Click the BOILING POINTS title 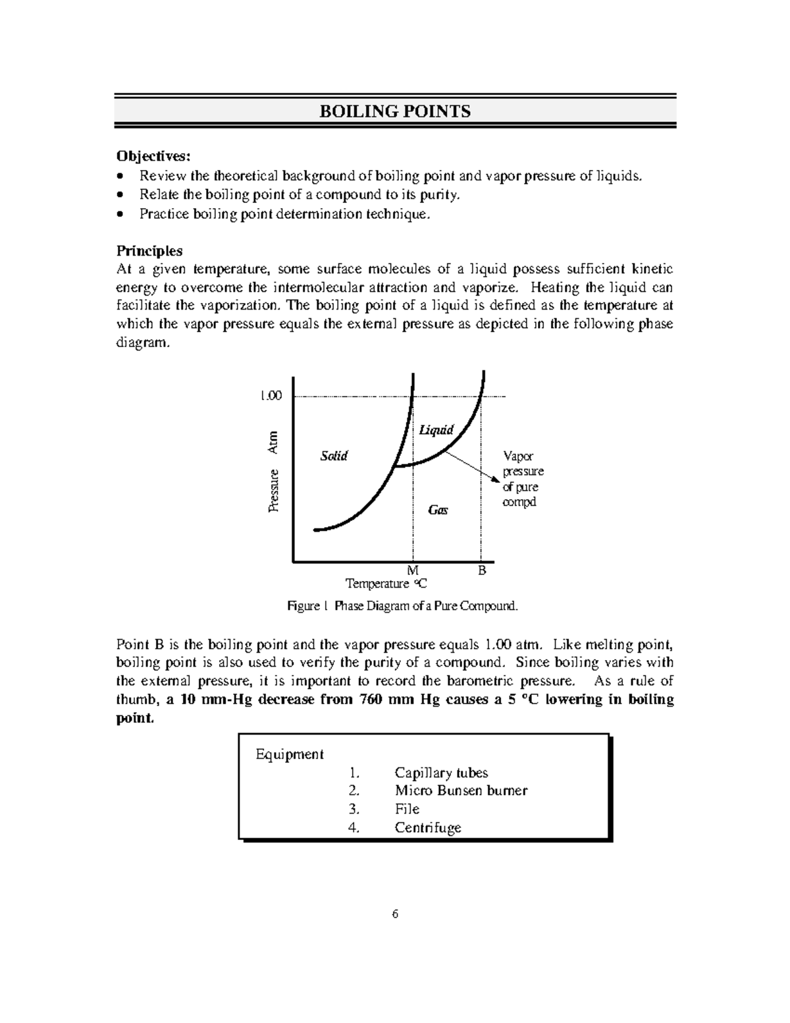395,111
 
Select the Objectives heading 153,156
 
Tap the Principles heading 149,251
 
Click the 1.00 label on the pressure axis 270,396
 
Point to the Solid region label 333,456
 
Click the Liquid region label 436,430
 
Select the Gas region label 438,510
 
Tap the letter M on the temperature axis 413,570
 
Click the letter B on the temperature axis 482,570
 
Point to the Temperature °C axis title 386,584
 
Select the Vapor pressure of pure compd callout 523,479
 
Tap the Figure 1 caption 403,606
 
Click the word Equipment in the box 290,754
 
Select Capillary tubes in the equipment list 441,773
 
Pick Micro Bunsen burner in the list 461,790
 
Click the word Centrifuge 428,828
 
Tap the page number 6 395,914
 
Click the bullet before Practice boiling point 119,214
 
